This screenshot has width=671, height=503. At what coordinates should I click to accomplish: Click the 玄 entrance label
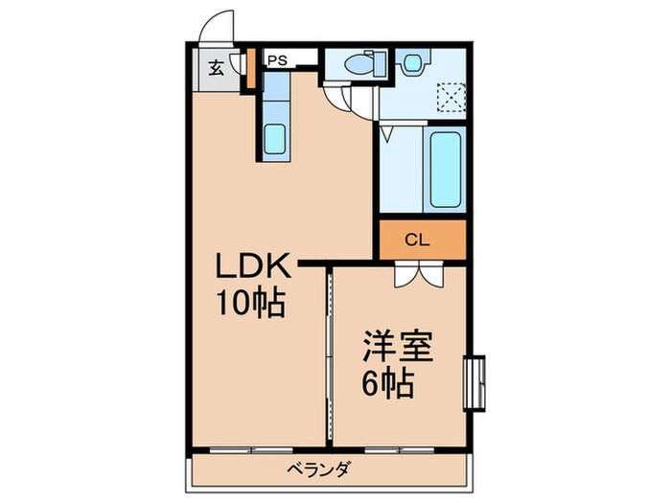point(217,68)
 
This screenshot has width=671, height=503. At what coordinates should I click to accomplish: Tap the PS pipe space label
point(277,59)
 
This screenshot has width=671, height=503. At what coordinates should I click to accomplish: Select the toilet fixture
point(359,65)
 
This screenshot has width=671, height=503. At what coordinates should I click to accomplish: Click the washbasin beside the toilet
point(413,64)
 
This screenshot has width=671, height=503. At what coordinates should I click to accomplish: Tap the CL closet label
point(415,240)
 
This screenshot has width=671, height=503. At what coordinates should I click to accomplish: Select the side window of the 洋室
point(474,382)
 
